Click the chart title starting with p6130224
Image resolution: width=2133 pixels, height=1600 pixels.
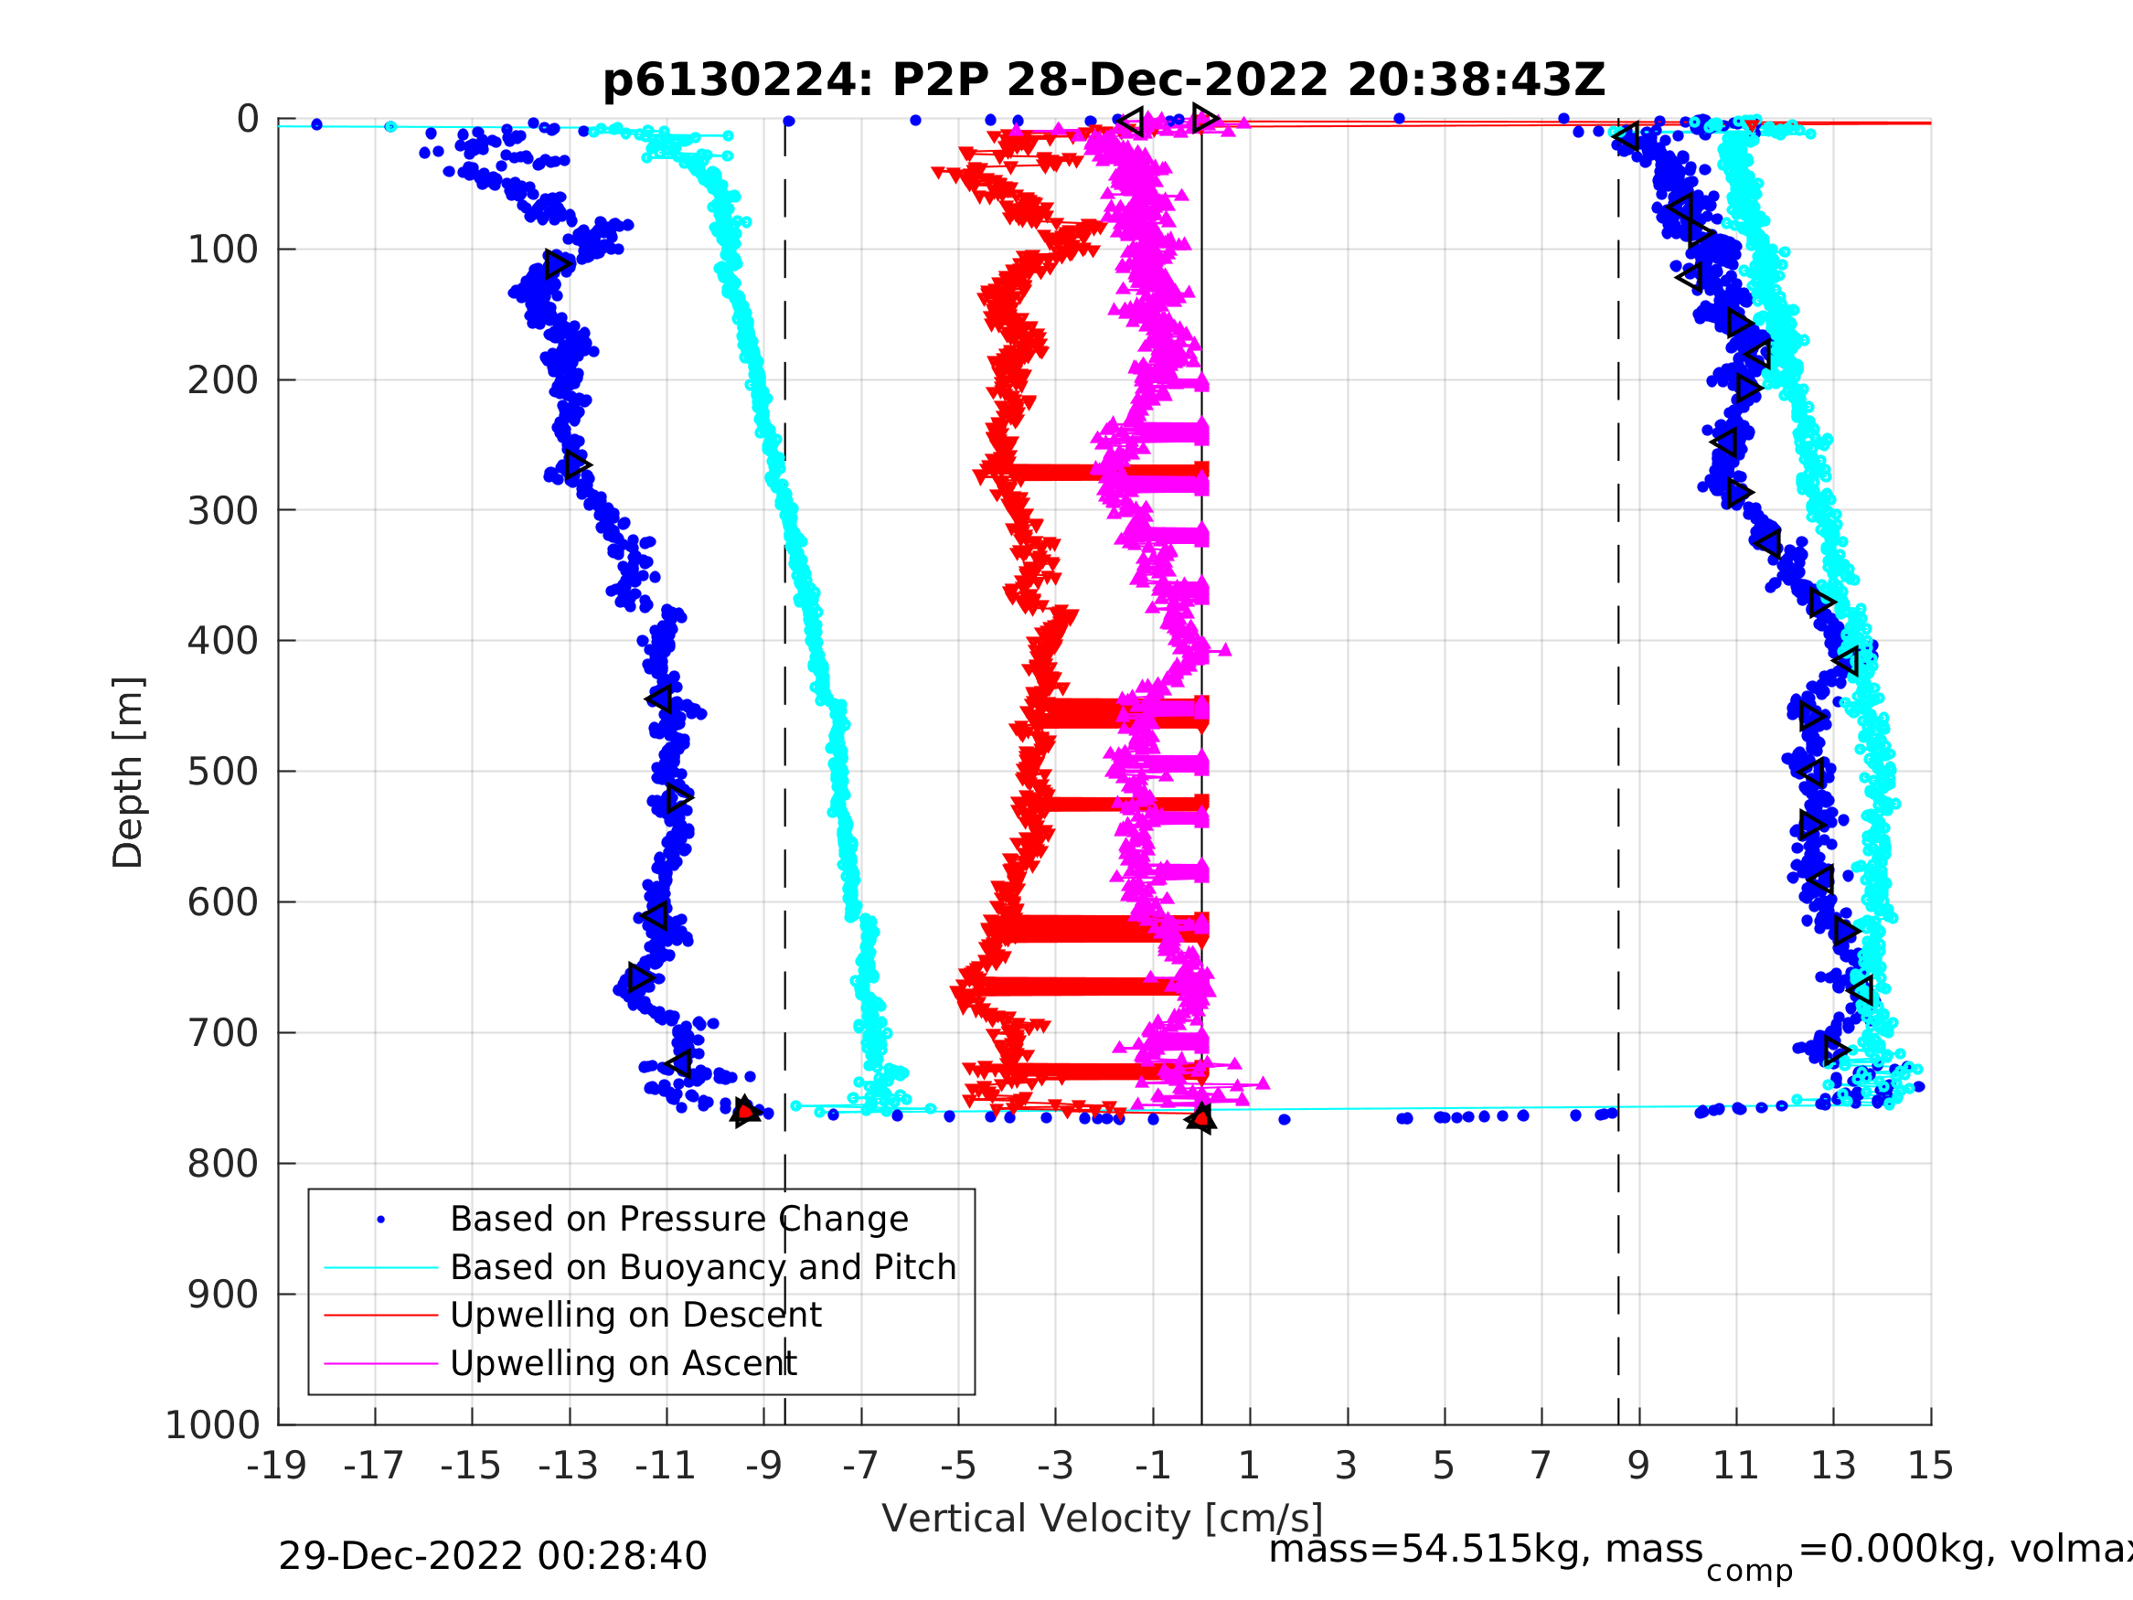coord(1104,80)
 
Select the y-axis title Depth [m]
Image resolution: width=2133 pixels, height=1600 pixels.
coord(128,772)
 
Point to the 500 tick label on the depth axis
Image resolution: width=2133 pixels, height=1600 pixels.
coord(223,772)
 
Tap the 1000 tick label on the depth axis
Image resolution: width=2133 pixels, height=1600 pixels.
coord(212,1425)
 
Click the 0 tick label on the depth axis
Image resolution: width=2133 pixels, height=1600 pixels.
coord(248,120)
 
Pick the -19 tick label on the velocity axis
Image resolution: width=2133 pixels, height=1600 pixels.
coord(277,1466)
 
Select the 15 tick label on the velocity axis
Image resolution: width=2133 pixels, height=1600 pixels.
coord(1931,1466)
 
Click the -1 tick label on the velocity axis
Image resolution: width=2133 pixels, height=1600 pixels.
coord(1152,1466)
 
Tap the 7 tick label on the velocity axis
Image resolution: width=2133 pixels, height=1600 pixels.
coord(1541,1466)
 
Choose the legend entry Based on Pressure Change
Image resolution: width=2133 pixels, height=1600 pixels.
coord(679,1219)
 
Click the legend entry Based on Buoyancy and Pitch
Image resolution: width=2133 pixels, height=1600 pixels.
coord(703,1267)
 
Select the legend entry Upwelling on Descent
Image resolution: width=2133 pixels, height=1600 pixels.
coord(635,1315)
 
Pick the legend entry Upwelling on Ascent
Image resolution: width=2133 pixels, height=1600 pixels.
coord(623,1363)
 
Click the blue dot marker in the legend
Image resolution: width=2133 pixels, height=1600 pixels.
coord(381,1220)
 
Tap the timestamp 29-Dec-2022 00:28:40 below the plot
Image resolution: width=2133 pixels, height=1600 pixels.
coord(492,1557)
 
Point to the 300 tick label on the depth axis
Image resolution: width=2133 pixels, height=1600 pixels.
coord(223,510)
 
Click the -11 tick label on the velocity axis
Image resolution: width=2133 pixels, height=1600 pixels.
coord(666,1466)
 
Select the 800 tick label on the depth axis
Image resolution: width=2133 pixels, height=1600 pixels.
coord(223,1164)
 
